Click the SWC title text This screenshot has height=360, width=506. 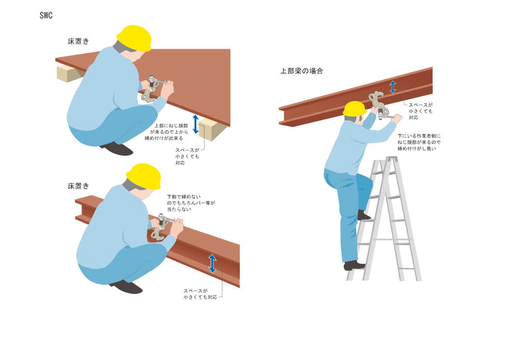(46, 15)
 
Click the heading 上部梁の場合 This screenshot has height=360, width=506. (301, 71)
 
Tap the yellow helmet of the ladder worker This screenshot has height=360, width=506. (355, 109)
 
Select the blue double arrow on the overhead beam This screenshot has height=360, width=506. (393, 87)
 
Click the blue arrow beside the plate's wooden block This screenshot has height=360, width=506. (195, 124)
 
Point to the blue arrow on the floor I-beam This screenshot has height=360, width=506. (212, 263)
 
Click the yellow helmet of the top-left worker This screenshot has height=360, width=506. (134, 38)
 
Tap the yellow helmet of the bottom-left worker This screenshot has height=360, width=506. (144, 176)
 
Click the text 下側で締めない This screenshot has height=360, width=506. (184, 196)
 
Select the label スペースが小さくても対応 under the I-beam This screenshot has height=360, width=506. (200, 294)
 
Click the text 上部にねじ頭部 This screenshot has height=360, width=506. (171, 125)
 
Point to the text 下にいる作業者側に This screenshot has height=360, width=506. (419, 136)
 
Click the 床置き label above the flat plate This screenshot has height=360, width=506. (78, 42)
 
